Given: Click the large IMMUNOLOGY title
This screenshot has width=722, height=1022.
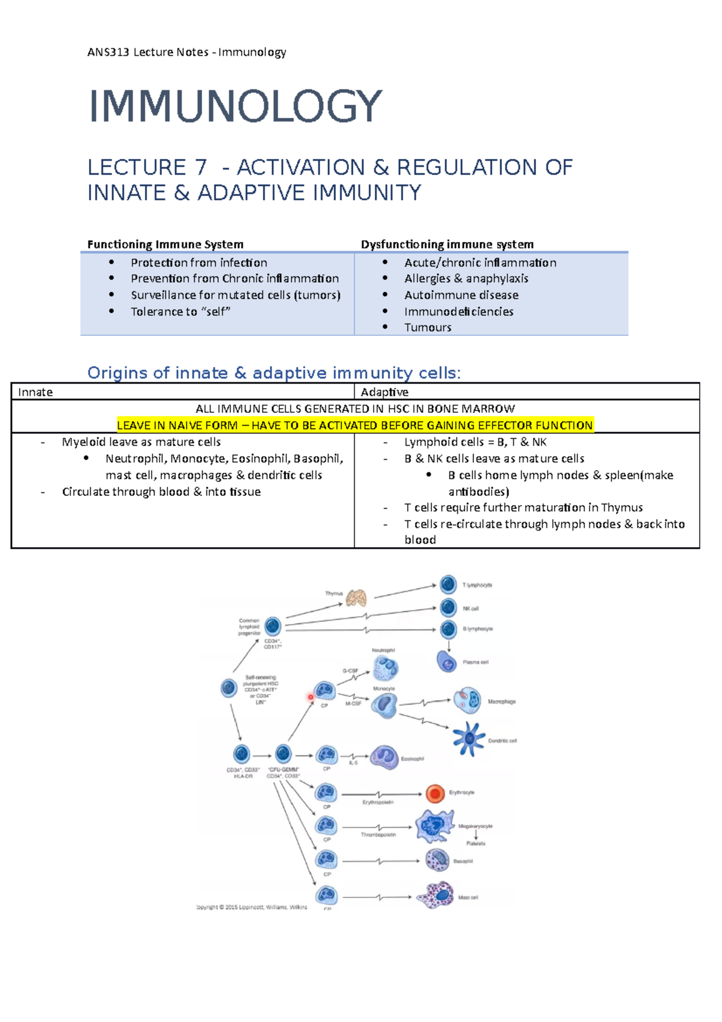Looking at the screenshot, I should [x=235, y=107].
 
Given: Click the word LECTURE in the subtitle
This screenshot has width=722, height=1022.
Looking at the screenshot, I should [x=137, y=167].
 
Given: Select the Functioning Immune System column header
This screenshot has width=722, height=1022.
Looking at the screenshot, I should [x=165, y=244].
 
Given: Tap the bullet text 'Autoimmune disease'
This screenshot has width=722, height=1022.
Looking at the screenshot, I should [x=461, y=295].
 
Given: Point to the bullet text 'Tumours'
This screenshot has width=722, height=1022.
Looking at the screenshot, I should [x=427, y=327].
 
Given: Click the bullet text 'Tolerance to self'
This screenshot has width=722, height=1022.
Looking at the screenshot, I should [x=180, y=311].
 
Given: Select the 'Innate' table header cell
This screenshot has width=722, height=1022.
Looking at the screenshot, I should [x=35, y=392].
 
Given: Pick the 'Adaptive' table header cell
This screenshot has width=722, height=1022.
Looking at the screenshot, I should [x=384, y=392].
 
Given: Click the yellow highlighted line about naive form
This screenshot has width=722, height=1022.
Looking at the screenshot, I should [x=355, y=426].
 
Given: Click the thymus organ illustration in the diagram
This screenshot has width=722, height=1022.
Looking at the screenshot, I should [x=356, y=597].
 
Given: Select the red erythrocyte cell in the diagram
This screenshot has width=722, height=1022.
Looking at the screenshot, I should [x=434, y=794].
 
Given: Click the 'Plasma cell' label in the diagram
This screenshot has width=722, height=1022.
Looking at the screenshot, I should [x=475, y=662].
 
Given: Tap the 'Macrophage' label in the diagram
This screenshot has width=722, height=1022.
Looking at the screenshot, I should [x=501, y=702].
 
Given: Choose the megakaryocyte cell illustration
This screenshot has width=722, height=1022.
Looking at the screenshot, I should [x=434, y=826].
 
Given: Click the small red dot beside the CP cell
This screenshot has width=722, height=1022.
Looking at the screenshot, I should [x=310, y=697].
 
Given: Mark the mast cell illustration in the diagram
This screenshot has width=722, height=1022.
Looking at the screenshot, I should [x=438, y=896].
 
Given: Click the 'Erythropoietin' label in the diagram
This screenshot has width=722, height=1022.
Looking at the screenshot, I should [x=378, y=802].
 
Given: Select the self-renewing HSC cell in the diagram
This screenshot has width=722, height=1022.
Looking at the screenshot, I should [x=229, y=688].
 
